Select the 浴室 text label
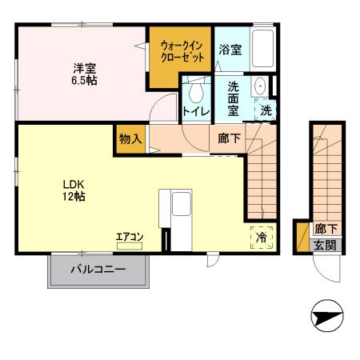pyautogui.click(x=231, y=50)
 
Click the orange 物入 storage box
pyautogui.click(x=130, y=138)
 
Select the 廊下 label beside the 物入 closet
pyautogui.click(x=229, y=138)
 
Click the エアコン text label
pyautogui.click(x=129, y=237)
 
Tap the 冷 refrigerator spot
pyautogui.click(x=262, y=237)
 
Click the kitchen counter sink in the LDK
pyautogui.click(x=179, y=204)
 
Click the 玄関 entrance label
pyautogui.click(x=325, y=246)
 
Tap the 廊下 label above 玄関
pyautogui.click(x=325, y=229)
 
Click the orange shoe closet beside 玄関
pyautogui.click(x=302, y=238)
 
